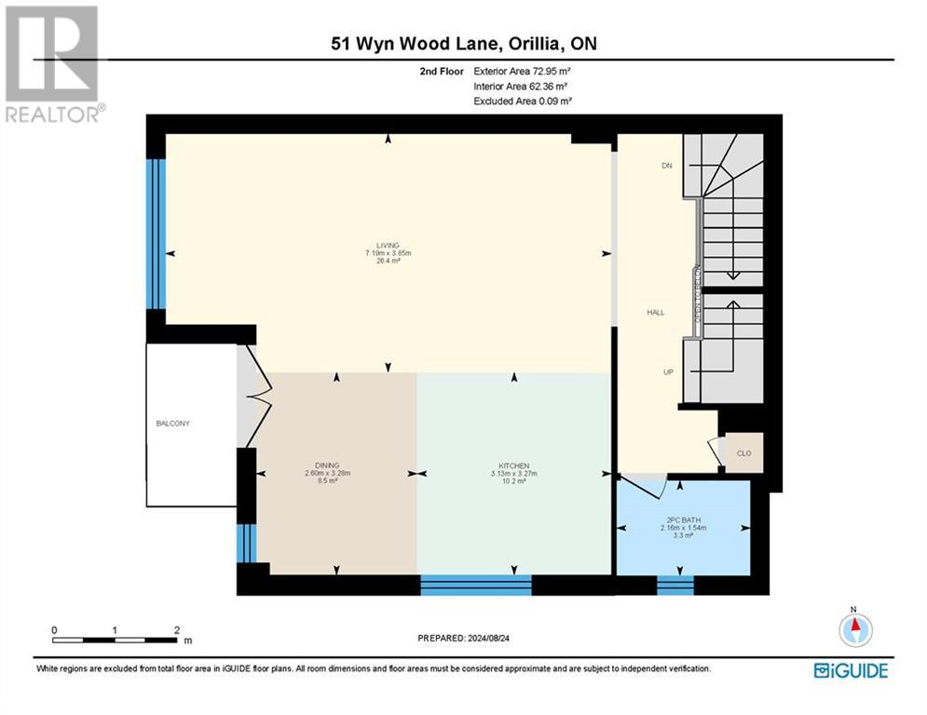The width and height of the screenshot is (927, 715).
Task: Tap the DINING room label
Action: [326, 465]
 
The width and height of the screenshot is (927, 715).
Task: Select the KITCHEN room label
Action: [513, 465]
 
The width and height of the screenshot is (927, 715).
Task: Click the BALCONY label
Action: [172, 424]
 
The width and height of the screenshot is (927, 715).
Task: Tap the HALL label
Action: [655, 313]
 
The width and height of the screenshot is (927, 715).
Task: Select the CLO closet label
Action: [743, 453]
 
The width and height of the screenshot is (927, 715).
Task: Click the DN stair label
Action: [666, 166]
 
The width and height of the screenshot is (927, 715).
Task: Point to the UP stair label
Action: [668, 371]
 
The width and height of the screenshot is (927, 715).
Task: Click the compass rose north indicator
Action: [855, 629]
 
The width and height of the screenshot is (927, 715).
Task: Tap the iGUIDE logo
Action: [850, 670]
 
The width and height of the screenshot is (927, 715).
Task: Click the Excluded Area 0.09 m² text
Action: [523, 101]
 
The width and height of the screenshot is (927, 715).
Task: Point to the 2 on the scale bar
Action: [176, 630]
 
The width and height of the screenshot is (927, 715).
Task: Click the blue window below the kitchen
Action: [475, 585]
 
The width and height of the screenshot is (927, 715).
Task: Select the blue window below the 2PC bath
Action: [675, 585]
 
